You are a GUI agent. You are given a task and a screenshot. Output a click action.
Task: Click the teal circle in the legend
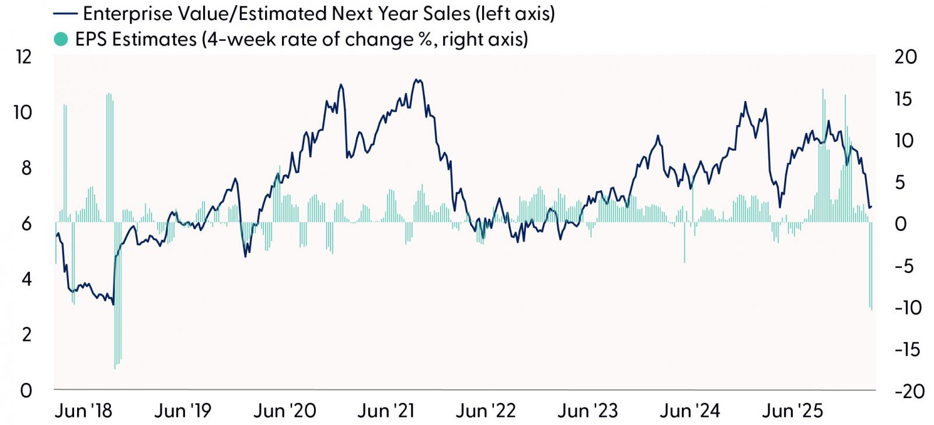61,39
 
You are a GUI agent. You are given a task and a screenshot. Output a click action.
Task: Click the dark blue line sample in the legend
65,14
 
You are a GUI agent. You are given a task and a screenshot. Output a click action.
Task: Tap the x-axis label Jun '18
83,411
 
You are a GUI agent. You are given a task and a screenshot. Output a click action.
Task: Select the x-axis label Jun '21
386,411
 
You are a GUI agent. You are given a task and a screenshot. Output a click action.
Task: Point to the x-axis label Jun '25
792,411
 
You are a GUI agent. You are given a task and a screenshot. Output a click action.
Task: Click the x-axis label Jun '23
587,411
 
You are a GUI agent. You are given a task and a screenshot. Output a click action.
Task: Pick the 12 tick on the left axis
23,57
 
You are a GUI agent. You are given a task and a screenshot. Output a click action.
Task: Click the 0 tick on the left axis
26,391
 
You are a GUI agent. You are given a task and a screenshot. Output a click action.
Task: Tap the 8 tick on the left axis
26,168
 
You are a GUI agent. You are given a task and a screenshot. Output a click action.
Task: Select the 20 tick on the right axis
905,57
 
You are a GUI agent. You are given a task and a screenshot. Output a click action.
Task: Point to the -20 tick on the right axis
909,391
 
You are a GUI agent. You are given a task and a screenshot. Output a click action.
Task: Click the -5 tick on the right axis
904,266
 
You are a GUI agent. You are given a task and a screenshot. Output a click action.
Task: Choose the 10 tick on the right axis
904,141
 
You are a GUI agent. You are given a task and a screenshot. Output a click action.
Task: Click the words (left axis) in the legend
515,14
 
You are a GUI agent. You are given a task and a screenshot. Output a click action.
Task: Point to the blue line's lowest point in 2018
113,305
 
